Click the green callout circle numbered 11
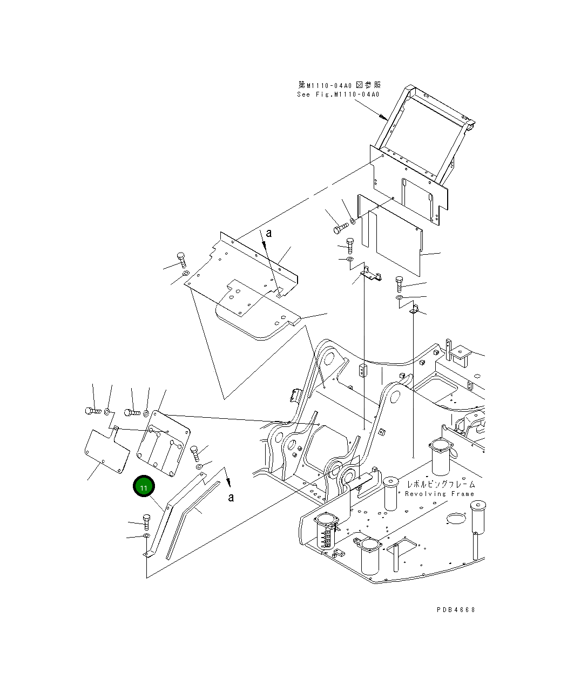(144, 486)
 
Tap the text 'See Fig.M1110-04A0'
(338, 94)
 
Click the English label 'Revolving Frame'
(440, 493)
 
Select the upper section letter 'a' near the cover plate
(269, 233)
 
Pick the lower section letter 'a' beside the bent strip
(232, 497)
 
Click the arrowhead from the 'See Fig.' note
(383, 117)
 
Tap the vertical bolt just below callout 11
(146, 522)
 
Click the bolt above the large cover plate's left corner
(181, 260)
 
